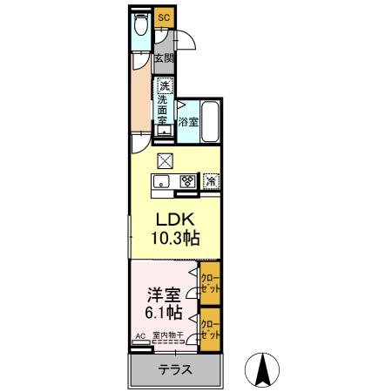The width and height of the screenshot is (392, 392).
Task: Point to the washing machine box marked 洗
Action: [x=164, y=85]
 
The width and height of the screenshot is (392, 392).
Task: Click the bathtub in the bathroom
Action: [x=209, y=123]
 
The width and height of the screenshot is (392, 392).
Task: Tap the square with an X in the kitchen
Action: [x=165, y=160]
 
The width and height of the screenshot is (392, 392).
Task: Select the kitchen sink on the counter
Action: [x=163, y=181]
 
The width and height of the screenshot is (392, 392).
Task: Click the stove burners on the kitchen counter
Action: [x=187, y=181]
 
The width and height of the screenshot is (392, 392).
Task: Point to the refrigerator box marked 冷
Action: [x=211, y=181]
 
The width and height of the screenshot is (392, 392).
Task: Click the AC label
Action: [x=140, y=335]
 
